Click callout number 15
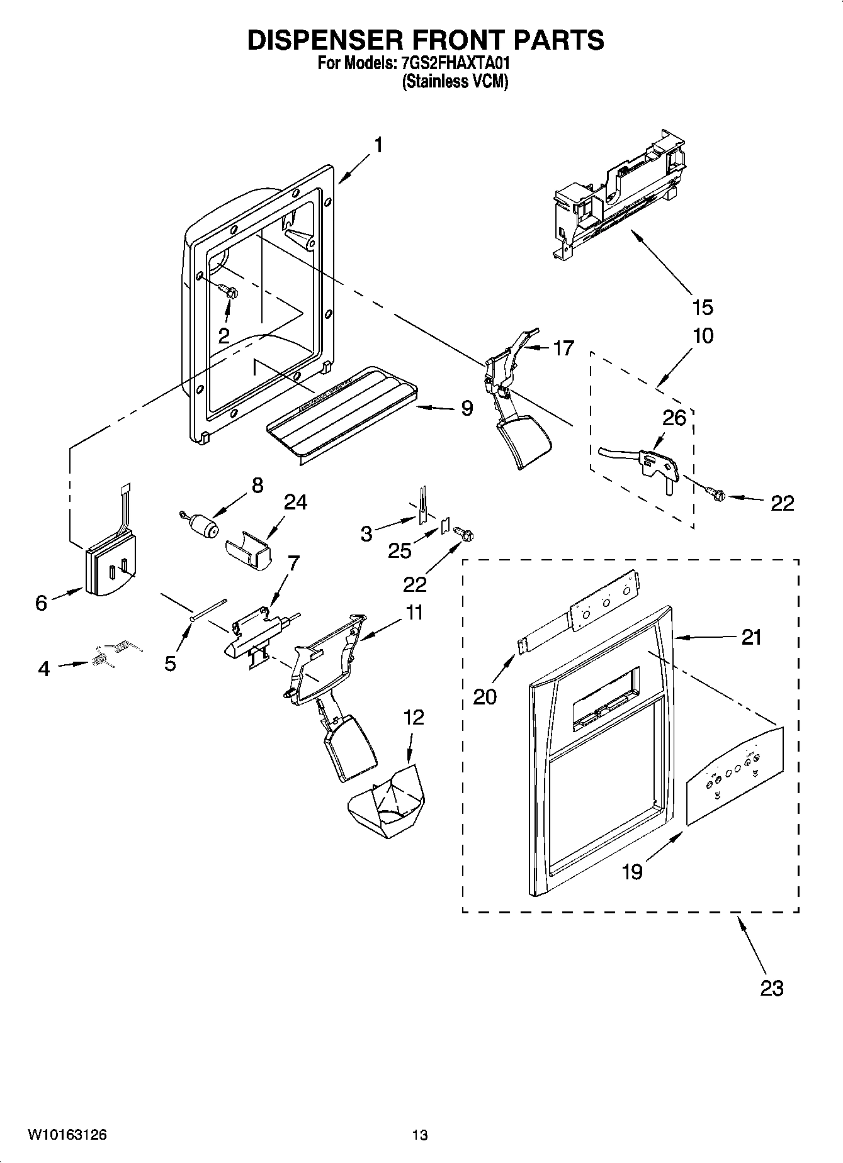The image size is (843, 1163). point(703,308)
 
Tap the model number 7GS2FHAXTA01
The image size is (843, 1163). point(451,64)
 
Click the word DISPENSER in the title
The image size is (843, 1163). point(326,40)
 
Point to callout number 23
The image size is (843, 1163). point(772,988)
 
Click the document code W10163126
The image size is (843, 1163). point(67,1135)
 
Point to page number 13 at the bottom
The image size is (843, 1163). point(420,1135)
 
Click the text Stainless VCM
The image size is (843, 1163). point(455,82)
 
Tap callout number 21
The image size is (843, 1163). point(752,637)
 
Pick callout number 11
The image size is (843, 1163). point(414,613)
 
